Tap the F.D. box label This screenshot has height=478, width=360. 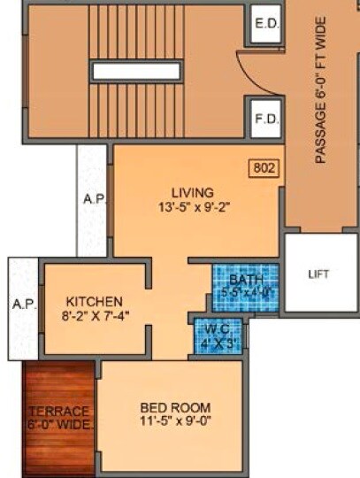pos(266,117)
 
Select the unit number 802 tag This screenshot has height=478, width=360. pos(263,166)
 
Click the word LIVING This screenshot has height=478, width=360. pos(193,192)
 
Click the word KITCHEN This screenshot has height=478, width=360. pos(94,302)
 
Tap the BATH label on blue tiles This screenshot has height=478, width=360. pos(244,279)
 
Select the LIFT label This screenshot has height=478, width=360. pos(318,274)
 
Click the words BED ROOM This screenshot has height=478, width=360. pos(175,407)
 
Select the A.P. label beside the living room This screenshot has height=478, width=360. pos(93,199)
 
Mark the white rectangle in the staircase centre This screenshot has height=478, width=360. pos(136,71)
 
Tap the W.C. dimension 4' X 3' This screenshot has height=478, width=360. pos(217,343)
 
